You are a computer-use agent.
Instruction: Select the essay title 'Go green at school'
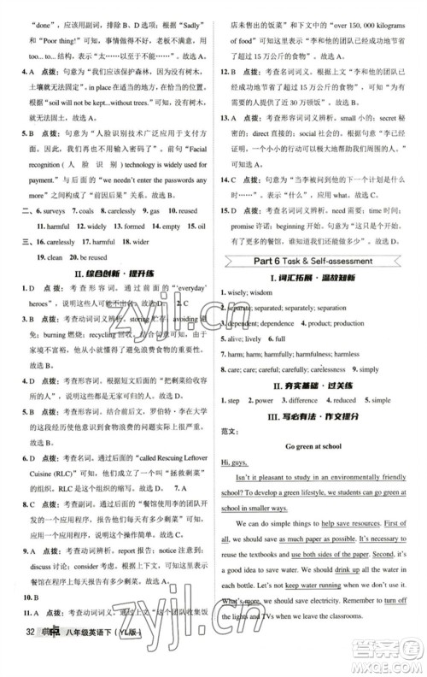[321, 444]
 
